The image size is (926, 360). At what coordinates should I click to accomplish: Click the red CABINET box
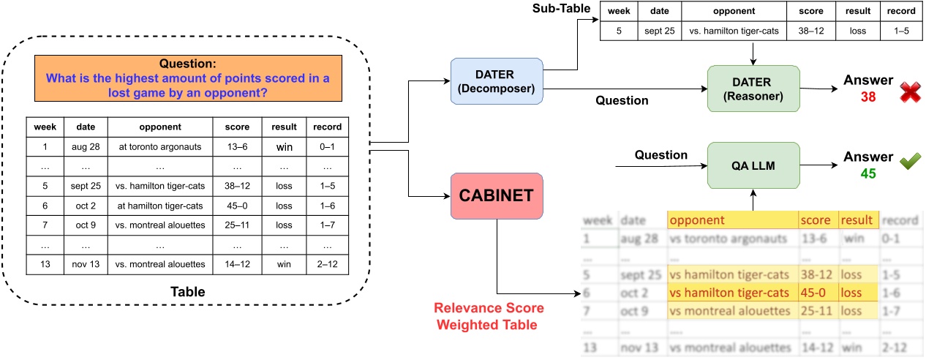click(497, 196)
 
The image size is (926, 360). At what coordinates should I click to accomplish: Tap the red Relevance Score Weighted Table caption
click(486, 316)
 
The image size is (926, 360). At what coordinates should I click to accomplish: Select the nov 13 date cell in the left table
click(86, 263)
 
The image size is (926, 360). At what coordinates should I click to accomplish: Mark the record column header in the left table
click(326, 127)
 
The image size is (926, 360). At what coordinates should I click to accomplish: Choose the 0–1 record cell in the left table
click(326, 146)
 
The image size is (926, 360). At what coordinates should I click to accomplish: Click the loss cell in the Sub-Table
click(840, 32)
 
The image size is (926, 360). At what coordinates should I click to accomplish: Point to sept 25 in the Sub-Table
click(658, 32)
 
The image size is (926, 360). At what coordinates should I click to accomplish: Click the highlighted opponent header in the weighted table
click(699, 220)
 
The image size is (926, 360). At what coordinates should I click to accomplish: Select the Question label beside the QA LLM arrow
click(660, 154)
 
